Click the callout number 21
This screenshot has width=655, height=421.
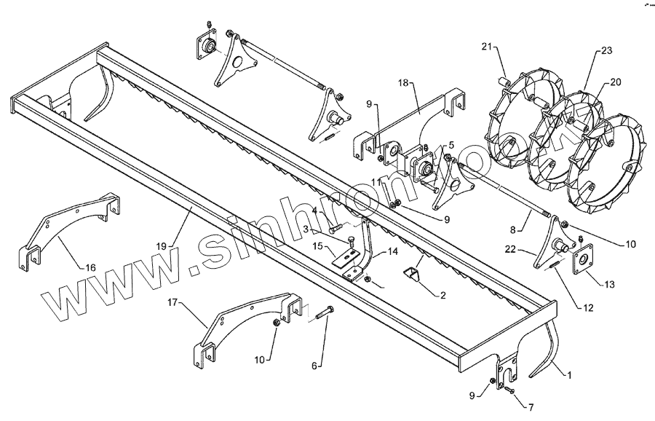pyautogui.click(x=485, y=47)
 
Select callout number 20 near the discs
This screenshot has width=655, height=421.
pyautogui.click(x=615, y=82)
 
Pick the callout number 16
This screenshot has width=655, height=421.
pyautogui.click(x=90, y=267)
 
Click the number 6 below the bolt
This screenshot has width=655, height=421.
pyautogui.click(x=314, y=366)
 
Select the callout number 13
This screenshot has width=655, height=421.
pyautogui.click(x=608, y=283)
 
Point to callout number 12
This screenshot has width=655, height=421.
pyautogui.click(x=588, y=308)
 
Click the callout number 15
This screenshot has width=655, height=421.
pyautogui.click(x=318, y=247)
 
